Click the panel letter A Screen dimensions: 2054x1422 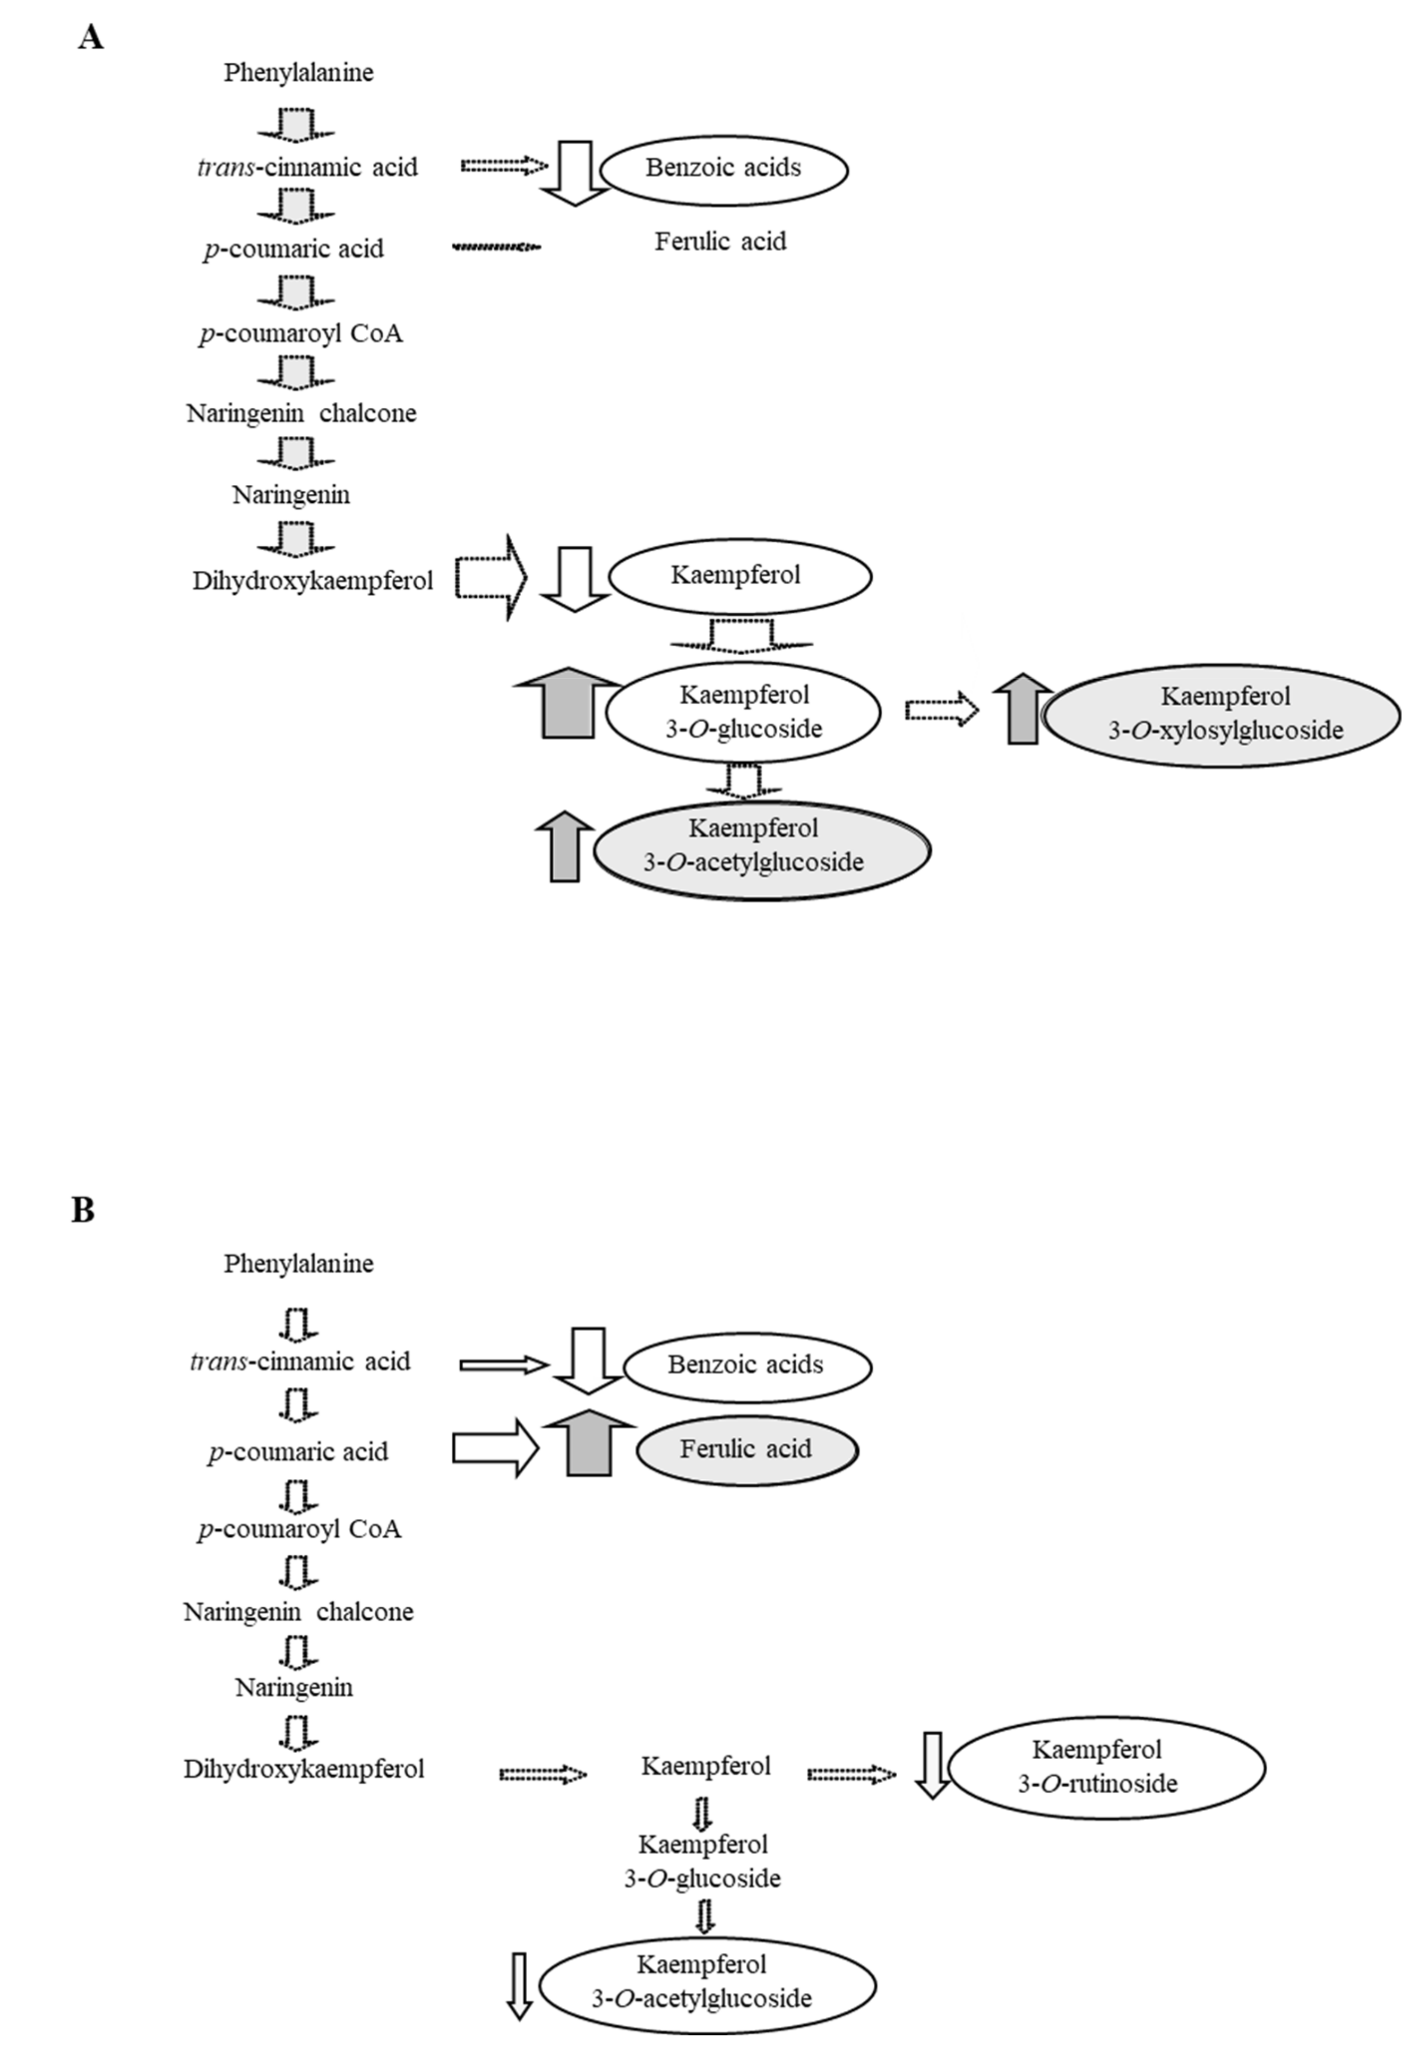(x=91, y=38)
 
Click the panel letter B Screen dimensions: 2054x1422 (x=83, y=1211)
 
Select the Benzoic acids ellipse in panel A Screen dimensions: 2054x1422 (x=724, y=168)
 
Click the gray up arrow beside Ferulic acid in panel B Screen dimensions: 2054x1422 (x=589, y=1443)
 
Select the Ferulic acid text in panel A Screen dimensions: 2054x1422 (x=720, y=241)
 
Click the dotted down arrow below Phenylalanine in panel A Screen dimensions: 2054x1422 (x=296, y=123)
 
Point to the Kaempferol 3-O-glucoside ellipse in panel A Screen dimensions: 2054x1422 (x=743, y=711)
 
